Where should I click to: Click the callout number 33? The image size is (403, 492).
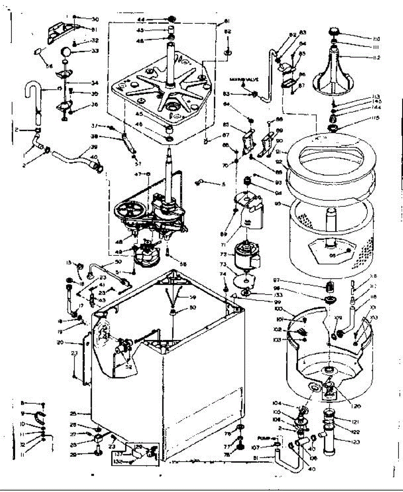pyautogui.click(x=84, y=51)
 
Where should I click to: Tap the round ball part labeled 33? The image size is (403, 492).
pyautogui.click(x=66, y=52)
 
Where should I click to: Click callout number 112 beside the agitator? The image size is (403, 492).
pyautogui.click(x=376, y=58)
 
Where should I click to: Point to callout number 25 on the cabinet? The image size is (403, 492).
pyautogui.click(x=85, y=413)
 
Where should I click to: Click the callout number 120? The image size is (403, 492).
pyautogui.click(x=344, y=407)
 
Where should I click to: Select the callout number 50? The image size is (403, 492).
pyautogui.click(x=118, y=261)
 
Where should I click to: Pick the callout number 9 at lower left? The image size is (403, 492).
pyautogui.click(x=23, y=413)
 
